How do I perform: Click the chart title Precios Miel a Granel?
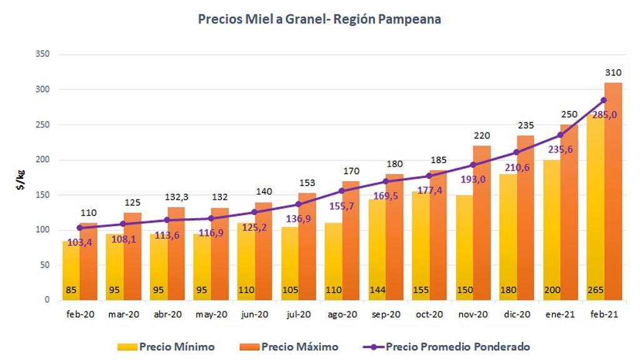tap(319, 19)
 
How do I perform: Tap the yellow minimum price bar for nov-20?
tap(464, 250)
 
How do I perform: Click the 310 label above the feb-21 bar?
tap(613, 73)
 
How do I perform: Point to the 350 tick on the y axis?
tap(42, 55)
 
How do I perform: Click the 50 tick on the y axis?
tap(45, 265)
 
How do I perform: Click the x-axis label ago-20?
tap(342, 315)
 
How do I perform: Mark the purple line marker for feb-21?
tap(604, 100)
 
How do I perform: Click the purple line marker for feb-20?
tap(79, 227)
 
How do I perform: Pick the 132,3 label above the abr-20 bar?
tap(176, 197)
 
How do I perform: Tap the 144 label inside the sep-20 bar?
tap(377, 290)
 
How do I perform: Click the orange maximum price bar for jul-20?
tap(307, 250)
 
